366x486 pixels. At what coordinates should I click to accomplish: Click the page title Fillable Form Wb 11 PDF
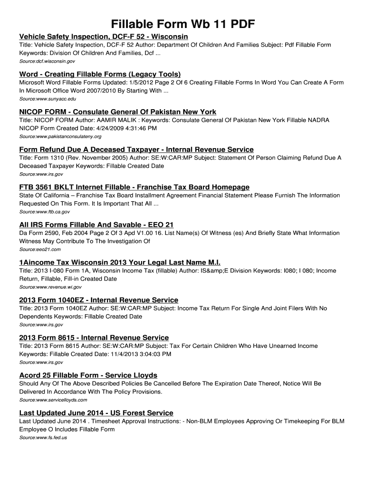183,24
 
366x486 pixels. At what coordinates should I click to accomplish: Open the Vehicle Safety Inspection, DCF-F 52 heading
104,37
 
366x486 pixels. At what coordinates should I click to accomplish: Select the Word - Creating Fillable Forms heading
100,74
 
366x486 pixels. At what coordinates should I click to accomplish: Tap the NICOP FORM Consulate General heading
117,112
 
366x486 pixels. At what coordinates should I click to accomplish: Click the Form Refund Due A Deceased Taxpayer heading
136,150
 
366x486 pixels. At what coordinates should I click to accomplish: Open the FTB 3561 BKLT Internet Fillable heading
134,187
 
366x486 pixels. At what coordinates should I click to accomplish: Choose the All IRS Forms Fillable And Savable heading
96,224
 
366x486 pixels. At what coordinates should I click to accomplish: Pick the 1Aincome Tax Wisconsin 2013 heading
120,262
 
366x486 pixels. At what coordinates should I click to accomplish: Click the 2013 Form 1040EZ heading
98,300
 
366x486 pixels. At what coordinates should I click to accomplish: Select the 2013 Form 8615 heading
94,337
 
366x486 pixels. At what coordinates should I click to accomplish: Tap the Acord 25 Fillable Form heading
88,375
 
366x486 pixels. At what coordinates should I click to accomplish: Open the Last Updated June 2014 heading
96,413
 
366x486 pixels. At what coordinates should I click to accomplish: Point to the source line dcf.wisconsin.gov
47,61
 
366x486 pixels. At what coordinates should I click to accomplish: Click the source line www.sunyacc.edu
48,99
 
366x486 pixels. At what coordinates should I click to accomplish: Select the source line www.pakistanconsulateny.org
60,137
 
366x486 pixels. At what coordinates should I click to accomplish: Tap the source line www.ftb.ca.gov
44,212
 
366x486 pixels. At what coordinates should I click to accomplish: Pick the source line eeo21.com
40,249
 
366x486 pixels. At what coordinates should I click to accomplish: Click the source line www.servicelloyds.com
53,400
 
